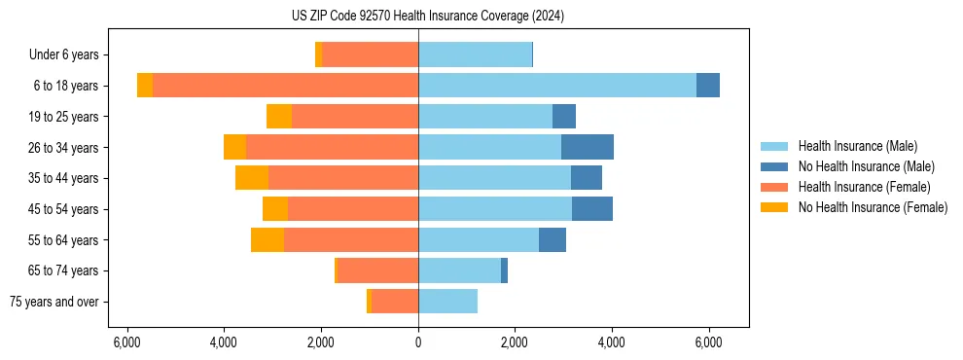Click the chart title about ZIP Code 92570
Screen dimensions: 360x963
427,16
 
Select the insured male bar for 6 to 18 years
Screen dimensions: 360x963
557,86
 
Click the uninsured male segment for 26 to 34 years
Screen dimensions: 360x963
588,147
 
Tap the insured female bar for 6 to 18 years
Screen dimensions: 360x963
285,86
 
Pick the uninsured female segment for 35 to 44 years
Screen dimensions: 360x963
252,178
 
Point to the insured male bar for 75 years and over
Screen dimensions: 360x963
447,302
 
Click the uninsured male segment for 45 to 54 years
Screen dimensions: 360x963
592,209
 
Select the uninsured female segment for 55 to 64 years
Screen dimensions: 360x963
267,239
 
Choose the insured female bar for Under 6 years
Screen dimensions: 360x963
370,54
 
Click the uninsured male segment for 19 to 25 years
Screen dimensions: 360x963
564,117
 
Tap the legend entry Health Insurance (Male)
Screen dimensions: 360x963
857,146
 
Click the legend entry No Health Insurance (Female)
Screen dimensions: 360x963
873,207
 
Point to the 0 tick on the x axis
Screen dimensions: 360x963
418,342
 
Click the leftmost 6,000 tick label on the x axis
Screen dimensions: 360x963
127,342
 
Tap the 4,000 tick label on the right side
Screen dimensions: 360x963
612,342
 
